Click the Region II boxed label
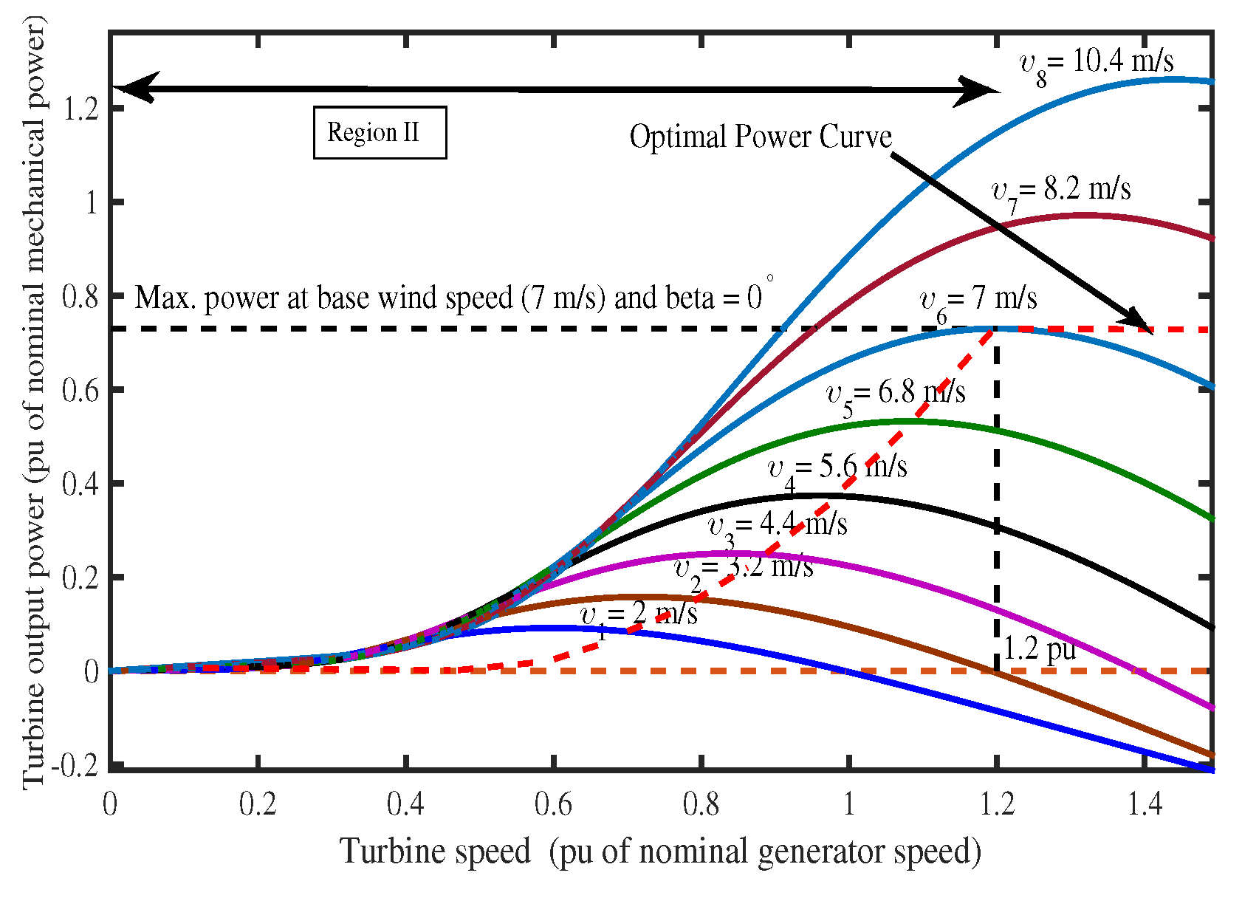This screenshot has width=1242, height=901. (x=380, y=133)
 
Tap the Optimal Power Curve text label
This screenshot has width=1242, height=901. (x=761, y=137)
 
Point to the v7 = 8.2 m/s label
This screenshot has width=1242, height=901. (x=1060, y=191)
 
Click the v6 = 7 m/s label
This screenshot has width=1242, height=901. (x=978, y=300)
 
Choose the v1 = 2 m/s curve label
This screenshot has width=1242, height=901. (x=639, y=615)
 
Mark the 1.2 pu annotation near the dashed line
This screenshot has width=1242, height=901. (x=1040, y=649)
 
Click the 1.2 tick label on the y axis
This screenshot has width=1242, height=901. (x=81, y=109)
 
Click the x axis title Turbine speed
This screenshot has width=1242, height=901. (x=660, y=852)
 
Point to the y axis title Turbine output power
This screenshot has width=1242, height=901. (x=34, y=402)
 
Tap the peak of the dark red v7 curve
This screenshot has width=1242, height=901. (x=1084, y=215)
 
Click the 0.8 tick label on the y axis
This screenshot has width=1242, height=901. (x=81, y=297)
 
